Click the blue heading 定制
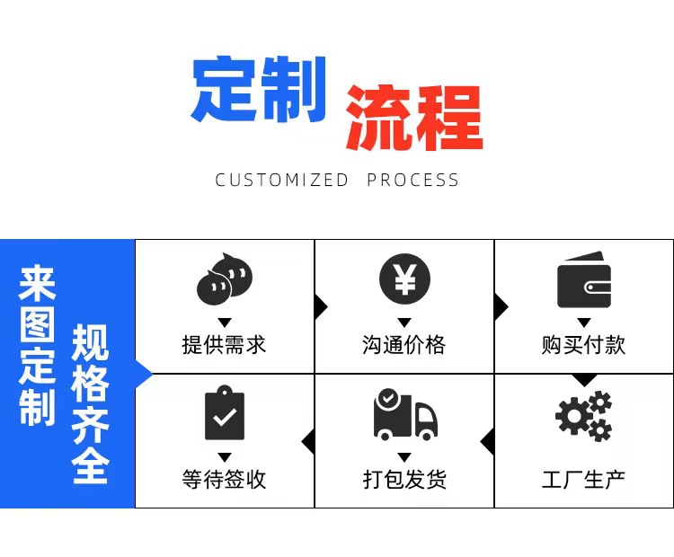(258, 90)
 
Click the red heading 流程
(413, 118)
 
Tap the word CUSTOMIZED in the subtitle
(281, 180)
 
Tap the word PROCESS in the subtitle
(412, 180)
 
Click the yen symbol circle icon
(404, 279)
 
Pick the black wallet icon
(583, 282)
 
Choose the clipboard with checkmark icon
(224, 413)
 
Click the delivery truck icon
(404, 415)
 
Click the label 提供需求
(224, 344)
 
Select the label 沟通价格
(404, 344)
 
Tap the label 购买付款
(583, 344)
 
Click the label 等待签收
(224, 478)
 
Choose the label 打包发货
(404, 478)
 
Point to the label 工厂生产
(583, 478)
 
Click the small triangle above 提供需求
(225, 322)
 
